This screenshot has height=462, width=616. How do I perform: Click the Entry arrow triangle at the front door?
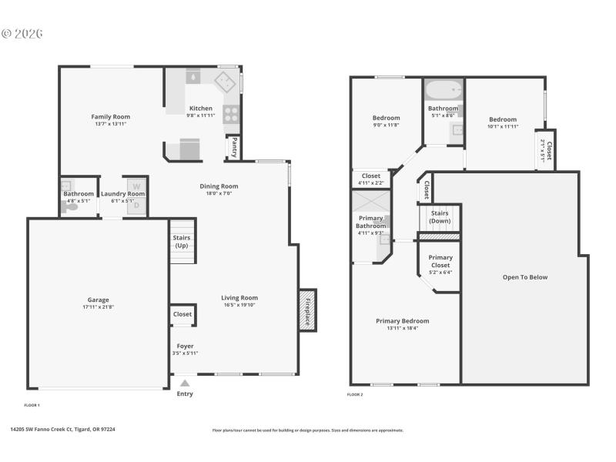(185, 382)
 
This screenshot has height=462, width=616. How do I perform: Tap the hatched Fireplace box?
(307, 310)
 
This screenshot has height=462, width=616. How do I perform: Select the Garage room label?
(98, 300)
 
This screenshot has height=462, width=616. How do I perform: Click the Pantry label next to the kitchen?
(232, 145)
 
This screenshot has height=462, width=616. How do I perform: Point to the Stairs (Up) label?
(182, 242)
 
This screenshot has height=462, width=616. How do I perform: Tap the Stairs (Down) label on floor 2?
(440, 216)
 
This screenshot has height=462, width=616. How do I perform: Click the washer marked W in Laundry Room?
(136, 186)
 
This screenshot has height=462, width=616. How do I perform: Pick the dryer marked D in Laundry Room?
(136, 206)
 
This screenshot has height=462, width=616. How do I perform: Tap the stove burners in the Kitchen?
(230, 114)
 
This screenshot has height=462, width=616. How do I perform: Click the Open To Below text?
(525, 277)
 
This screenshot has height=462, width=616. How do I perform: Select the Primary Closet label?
(440, 261)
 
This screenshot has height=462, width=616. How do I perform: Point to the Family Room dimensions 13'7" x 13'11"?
(110, 124)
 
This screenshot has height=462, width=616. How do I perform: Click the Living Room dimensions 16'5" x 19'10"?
(239, 305)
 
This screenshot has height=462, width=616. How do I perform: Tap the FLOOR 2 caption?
(355, 394)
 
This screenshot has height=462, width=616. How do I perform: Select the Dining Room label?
(219, 186)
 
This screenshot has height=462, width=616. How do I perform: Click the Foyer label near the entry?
(185, 346)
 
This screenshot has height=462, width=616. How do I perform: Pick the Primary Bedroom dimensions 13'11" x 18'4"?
(402, 328)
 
